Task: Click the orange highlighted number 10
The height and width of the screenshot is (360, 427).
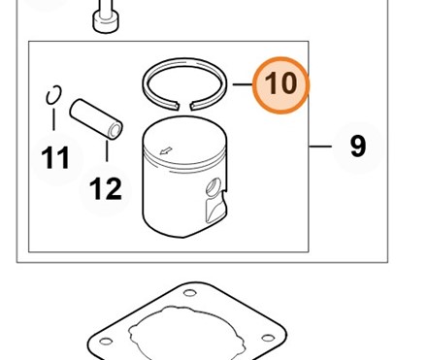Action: tap(280, 85)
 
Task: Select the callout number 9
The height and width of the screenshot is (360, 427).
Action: tap(358, 147)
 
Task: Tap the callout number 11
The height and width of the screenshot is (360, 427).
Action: tap(55, 158)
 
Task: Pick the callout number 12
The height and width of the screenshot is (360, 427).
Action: tap(106, 188)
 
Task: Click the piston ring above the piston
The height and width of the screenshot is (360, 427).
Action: tap(184, 60)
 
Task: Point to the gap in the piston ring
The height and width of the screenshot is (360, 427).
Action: tap(184, 106)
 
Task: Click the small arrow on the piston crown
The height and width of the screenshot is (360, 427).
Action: tap(166, 150)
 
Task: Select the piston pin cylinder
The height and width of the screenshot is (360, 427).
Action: tap(96, 119)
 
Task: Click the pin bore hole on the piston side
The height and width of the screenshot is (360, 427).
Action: tap(214, 187)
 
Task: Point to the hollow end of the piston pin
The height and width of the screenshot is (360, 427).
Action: tap(115, 131)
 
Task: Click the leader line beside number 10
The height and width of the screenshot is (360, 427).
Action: tap(243, 84)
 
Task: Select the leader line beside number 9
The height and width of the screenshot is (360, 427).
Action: tap(320, 147)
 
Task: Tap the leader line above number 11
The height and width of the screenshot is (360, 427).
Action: tap(53, 119)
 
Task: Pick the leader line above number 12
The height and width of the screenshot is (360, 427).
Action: tap(107, 151)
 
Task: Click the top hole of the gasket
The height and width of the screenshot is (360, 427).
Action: tap(189, 293)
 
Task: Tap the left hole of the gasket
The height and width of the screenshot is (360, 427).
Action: tap(106, 342)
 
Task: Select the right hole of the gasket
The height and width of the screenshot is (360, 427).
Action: tap(268, 338)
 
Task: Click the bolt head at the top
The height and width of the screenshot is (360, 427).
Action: tap(105, 22)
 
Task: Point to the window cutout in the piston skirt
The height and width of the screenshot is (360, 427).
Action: tap(214, 209)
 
